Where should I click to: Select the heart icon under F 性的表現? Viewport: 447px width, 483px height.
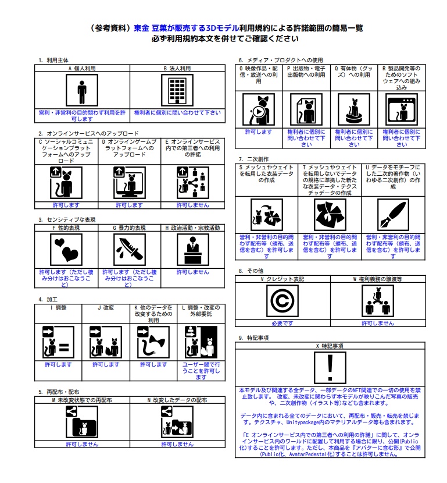tap(65, 250)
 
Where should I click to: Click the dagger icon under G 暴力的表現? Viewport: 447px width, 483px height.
tap(128, 250)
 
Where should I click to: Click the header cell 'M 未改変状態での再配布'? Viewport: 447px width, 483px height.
tap(81, 400)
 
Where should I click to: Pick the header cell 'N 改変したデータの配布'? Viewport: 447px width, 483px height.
tap(177, 400)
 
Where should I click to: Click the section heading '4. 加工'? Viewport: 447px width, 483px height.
tap(45, 299)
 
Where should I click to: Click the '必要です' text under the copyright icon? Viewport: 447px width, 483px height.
tap(282, 323)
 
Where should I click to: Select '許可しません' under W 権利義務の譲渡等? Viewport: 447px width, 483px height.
tap(378, 323)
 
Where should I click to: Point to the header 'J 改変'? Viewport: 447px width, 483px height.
tap(105, 307)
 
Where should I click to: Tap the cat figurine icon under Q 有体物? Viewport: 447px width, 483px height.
tap(354, 108)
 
